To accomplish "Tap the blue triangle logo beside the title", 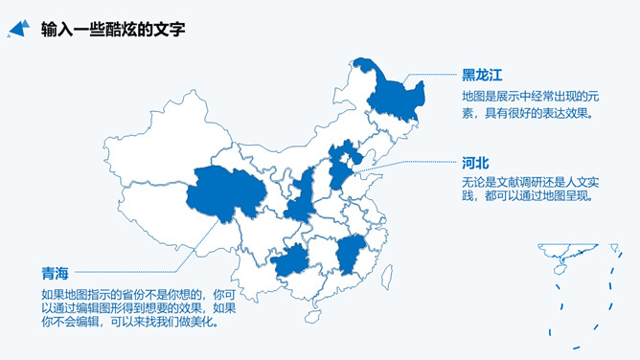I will [18, 31].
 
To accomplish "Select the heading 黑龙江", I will [482, 75].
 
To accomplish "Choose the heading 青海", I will [55, 273].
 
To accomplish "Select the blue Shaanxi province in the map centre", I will [301, 196].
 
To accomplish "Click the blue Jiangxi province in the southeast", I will [351, 254].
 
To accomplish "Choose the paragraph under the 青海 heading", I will [139, 307].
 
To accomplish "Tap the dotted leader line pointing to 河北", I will [402, 165].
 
